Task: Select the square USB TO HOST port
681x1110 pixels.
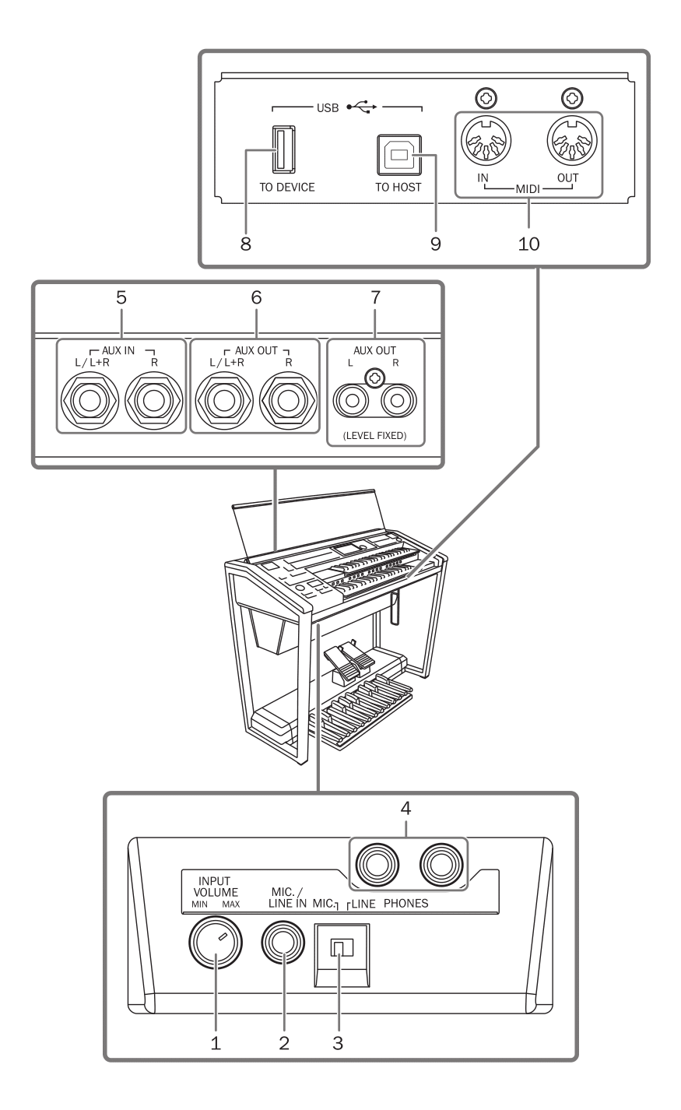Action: (398, 155)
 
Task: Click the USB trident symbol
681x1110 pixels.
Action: (365, 107)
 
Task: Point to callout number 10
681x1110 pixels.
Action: (529, 244)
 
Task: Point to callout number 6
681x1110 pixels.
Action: (256, 297)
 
